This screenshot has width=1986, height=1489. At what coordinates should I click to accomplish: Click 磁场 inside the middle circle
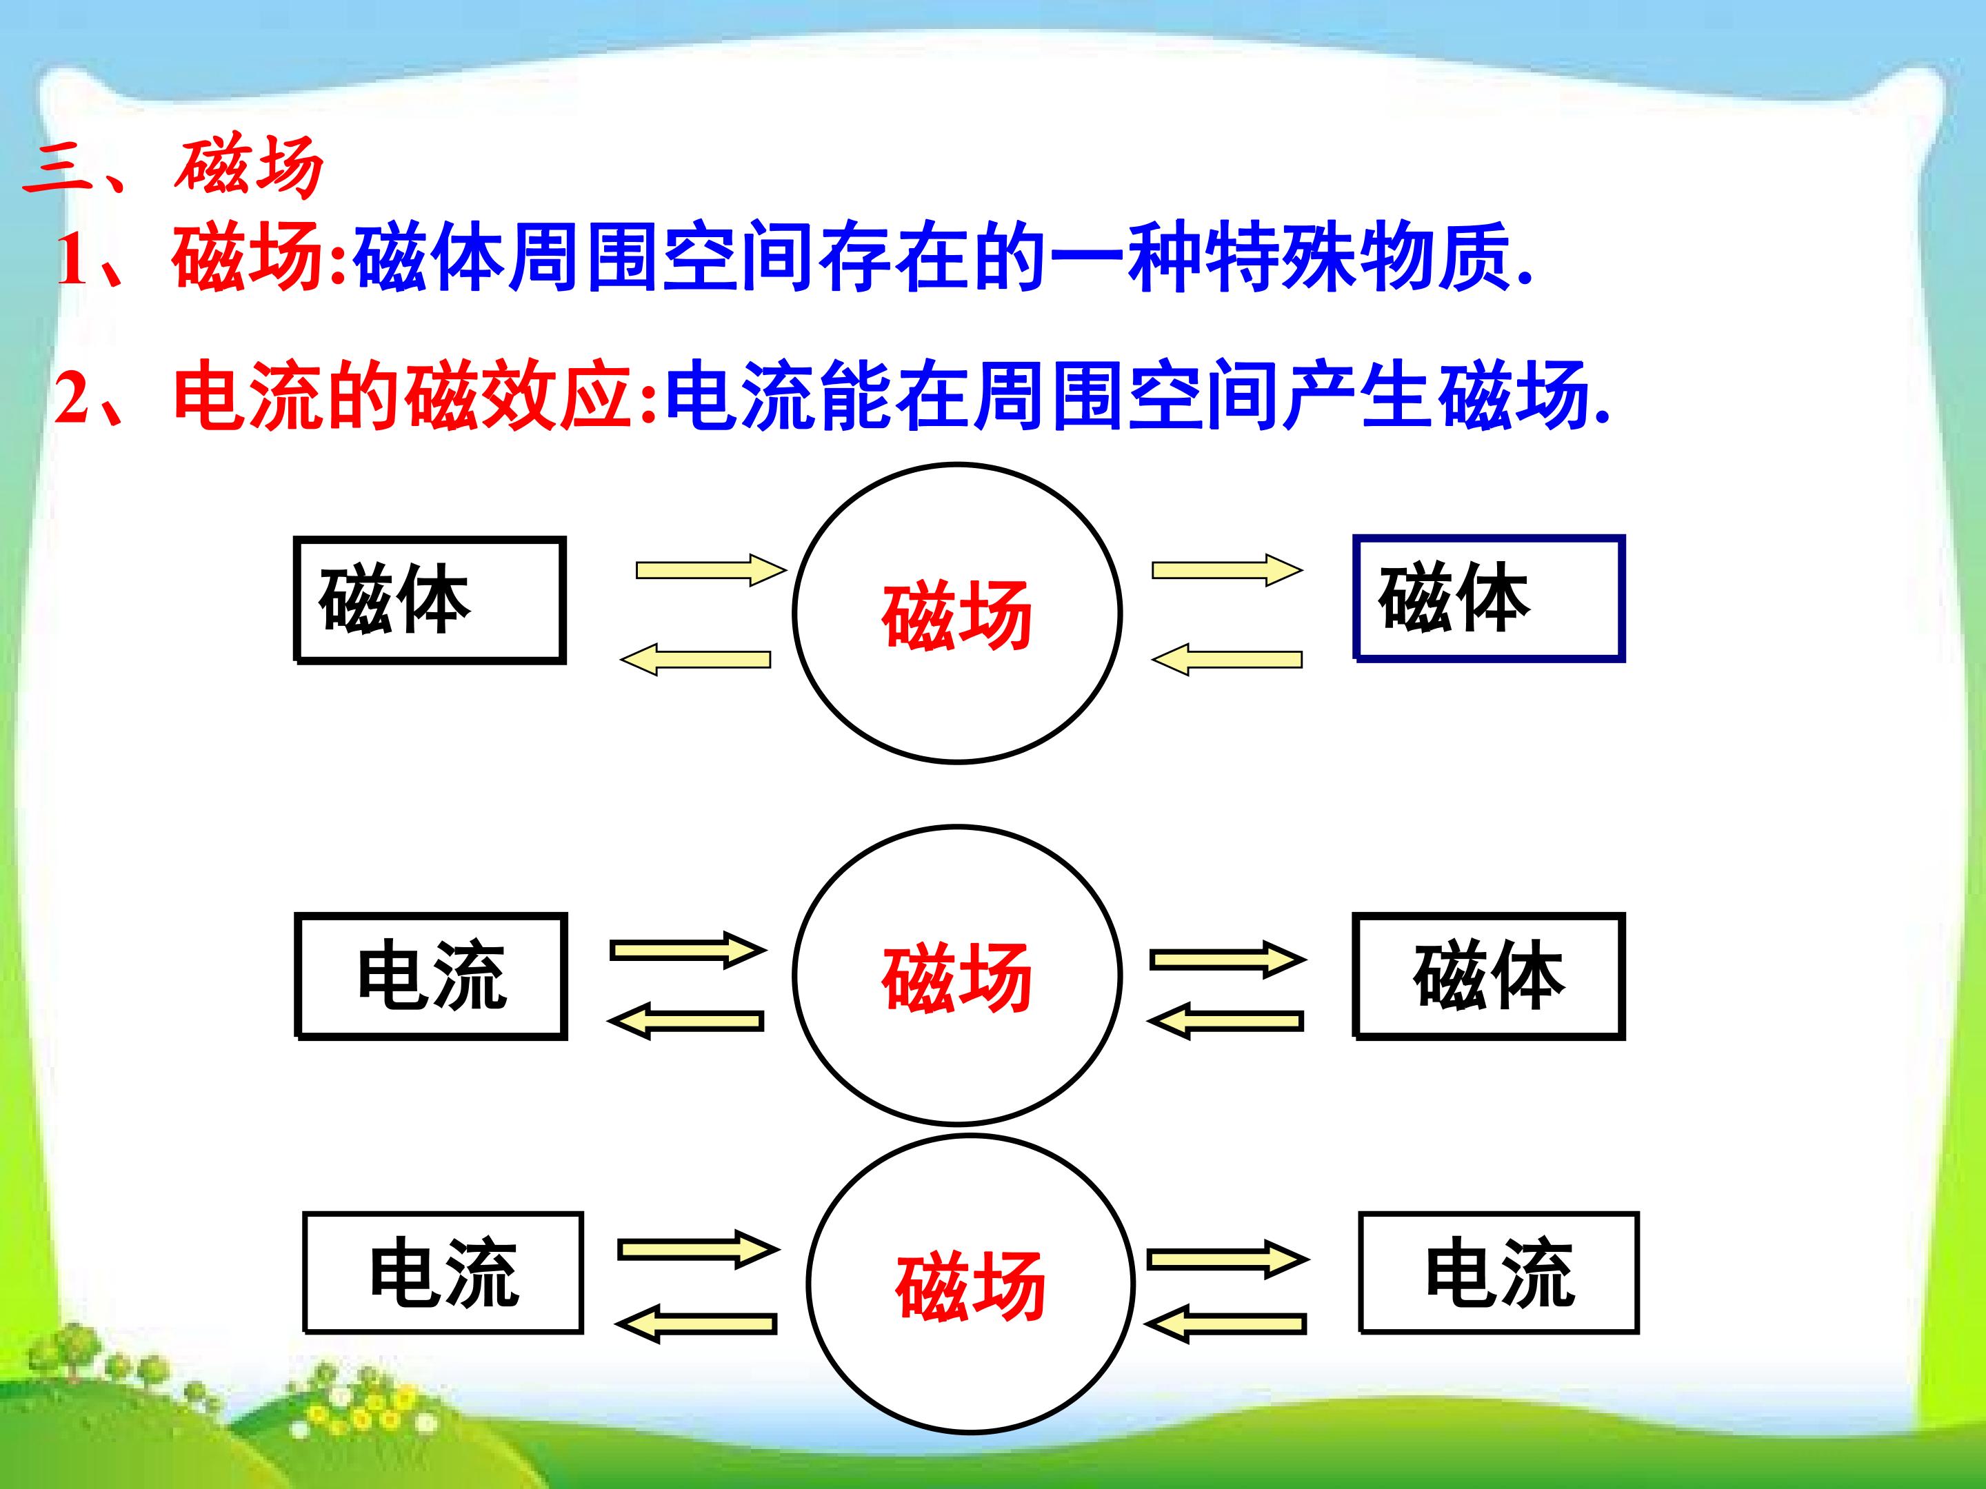coord(957,978)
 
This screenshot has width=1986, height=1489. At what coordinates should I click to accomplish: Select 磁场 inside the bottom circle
coord(970,1286)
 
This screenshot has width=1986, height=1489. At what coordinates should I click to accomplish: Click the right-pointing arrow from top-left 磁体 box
coord(711,570)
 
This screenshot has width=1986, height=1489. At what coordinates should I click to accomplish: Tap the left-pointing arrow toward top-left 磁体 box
coord(696,660)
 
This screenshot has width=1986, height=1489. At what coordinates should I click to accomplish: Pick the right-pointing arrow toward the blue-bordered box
coord(1227,570)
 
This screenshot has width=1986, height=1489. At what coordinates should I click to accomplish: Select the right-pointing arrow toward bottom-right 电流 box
coord(1227,1259)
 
